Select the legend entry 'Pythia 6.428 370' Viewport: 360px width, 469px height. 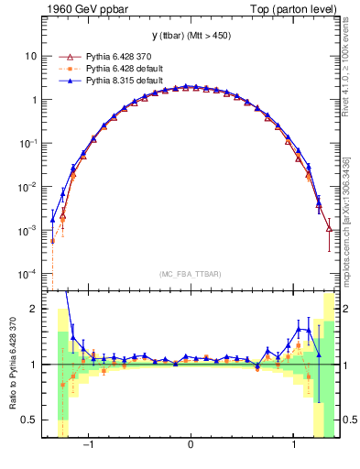(x=112, y=55)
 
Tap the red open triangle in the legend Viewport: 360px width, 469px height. (x=63, y=55)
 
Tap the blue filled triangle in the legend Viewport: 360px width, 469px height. (x=63, y=80)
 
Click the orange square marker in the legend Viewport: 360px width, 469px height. (x=63, y=68)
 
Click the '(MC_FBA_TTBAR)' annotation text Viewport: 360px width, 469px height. (x=190, y=273)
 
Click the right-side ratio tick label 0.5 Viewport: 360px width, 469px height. (x=347, y=420)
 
